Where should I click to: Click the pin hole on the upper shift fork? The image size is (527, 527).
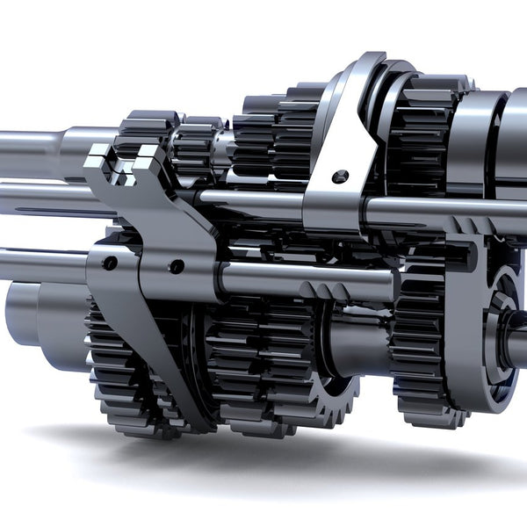pos(340,177)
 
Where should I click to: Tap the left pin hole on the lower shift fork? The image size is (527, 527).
pos(109,263)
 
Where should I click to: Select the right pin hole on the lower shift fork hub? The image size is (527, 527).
pos(177,266)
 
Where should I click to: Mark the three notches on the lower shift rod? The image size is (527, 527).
pos(321,290)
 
